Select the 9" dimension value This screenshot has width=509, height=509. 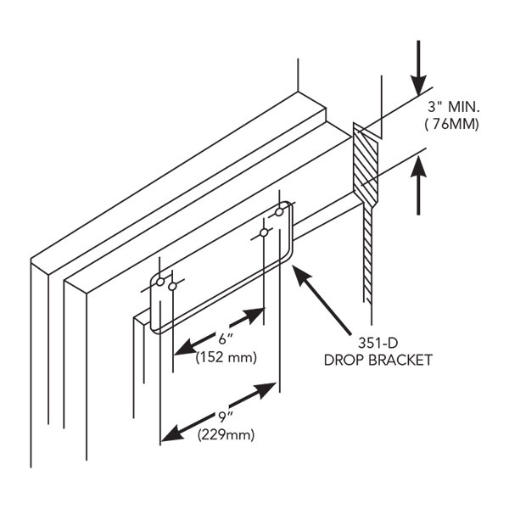pos(223,417)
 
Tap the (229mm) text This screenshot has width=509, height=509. pos(226,435)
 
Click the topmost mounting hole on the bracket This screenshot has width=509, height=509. pos(279,211)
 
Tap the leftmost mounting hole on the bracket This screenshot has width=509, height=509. pos(159,281)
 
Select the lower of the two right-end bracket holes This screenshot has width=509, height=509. pos(265,232)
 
